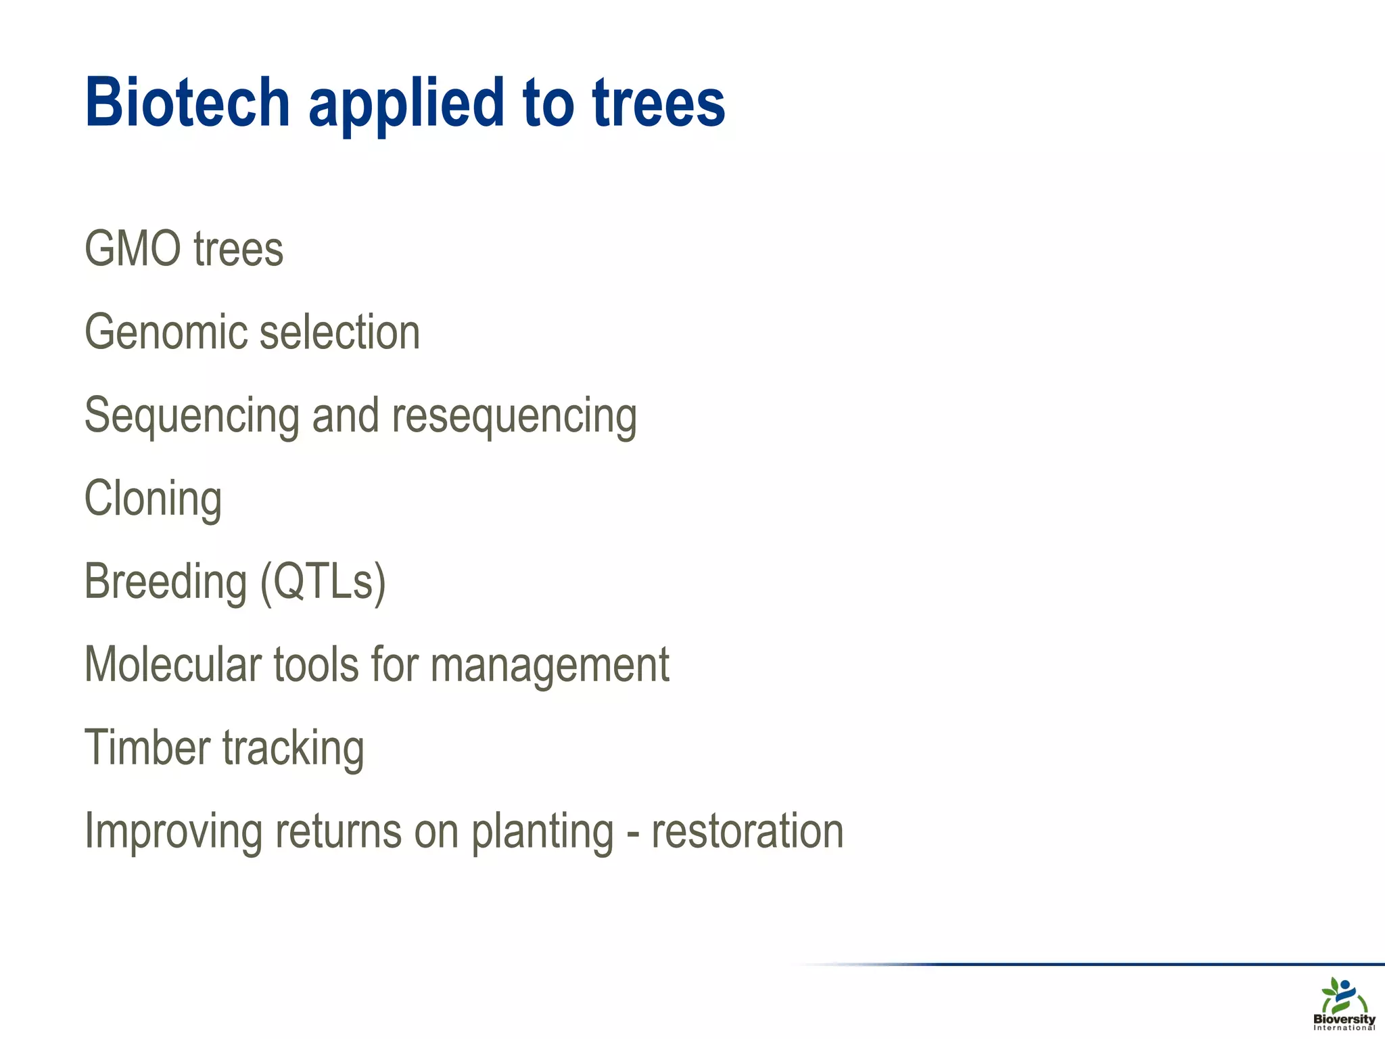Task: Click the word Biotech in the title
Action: tap(187, 103)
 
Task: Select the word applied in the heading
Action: tap(406, 105)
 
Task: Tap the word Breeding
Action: tap(166, 582)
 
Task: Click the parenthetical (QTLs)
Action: tap(323, 582)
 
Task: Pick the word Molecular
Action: tap(172, 665)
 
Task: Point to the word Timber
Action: tap(147, 748)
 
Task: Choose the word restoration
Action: tap(747, 831)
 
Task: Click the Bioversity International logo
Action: tap(1344, 1004)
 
